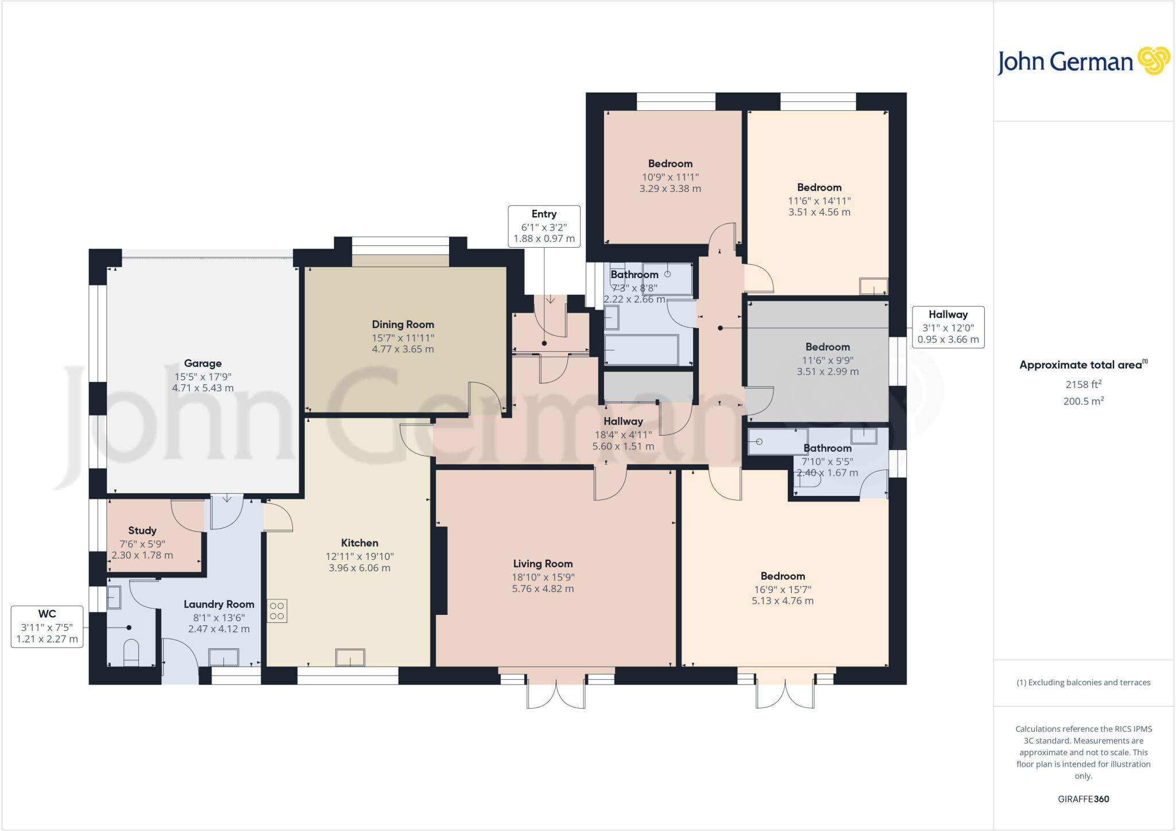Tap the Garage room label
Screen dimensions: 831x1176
[203, 363]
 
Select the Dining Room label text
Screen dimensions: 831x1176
[403, 325]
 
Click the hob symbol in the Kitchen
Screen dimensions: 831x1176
[277, 611]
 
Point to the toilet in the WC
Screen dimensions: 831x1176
[131, 652]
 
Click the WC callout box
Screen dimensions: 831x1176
[47, 627]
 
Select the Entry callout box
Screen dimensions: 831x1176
[544, 226]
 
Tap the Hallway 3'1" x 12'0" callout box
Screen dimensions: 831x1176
[948, 327]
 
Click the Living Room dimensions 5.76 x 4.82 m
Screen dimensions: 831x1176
[543, 588]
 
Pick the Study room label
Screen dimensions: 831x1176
[142, 530]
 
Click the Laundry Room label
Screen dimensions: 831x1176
[219, 605]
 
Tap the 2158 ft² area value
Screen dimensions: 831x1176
[1083, 384]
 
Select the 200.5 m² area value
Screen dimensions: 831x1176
[1083, 401]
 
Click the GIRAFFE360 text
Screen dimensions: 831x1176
[1083, 799]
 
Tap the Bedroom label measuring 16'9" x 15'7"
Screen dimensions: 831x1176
[783, 576]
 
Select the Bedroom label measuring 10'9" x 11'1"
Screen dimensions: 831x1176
[670, 164]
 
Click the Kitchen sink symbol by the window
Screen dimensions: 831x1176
[350, 657]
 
